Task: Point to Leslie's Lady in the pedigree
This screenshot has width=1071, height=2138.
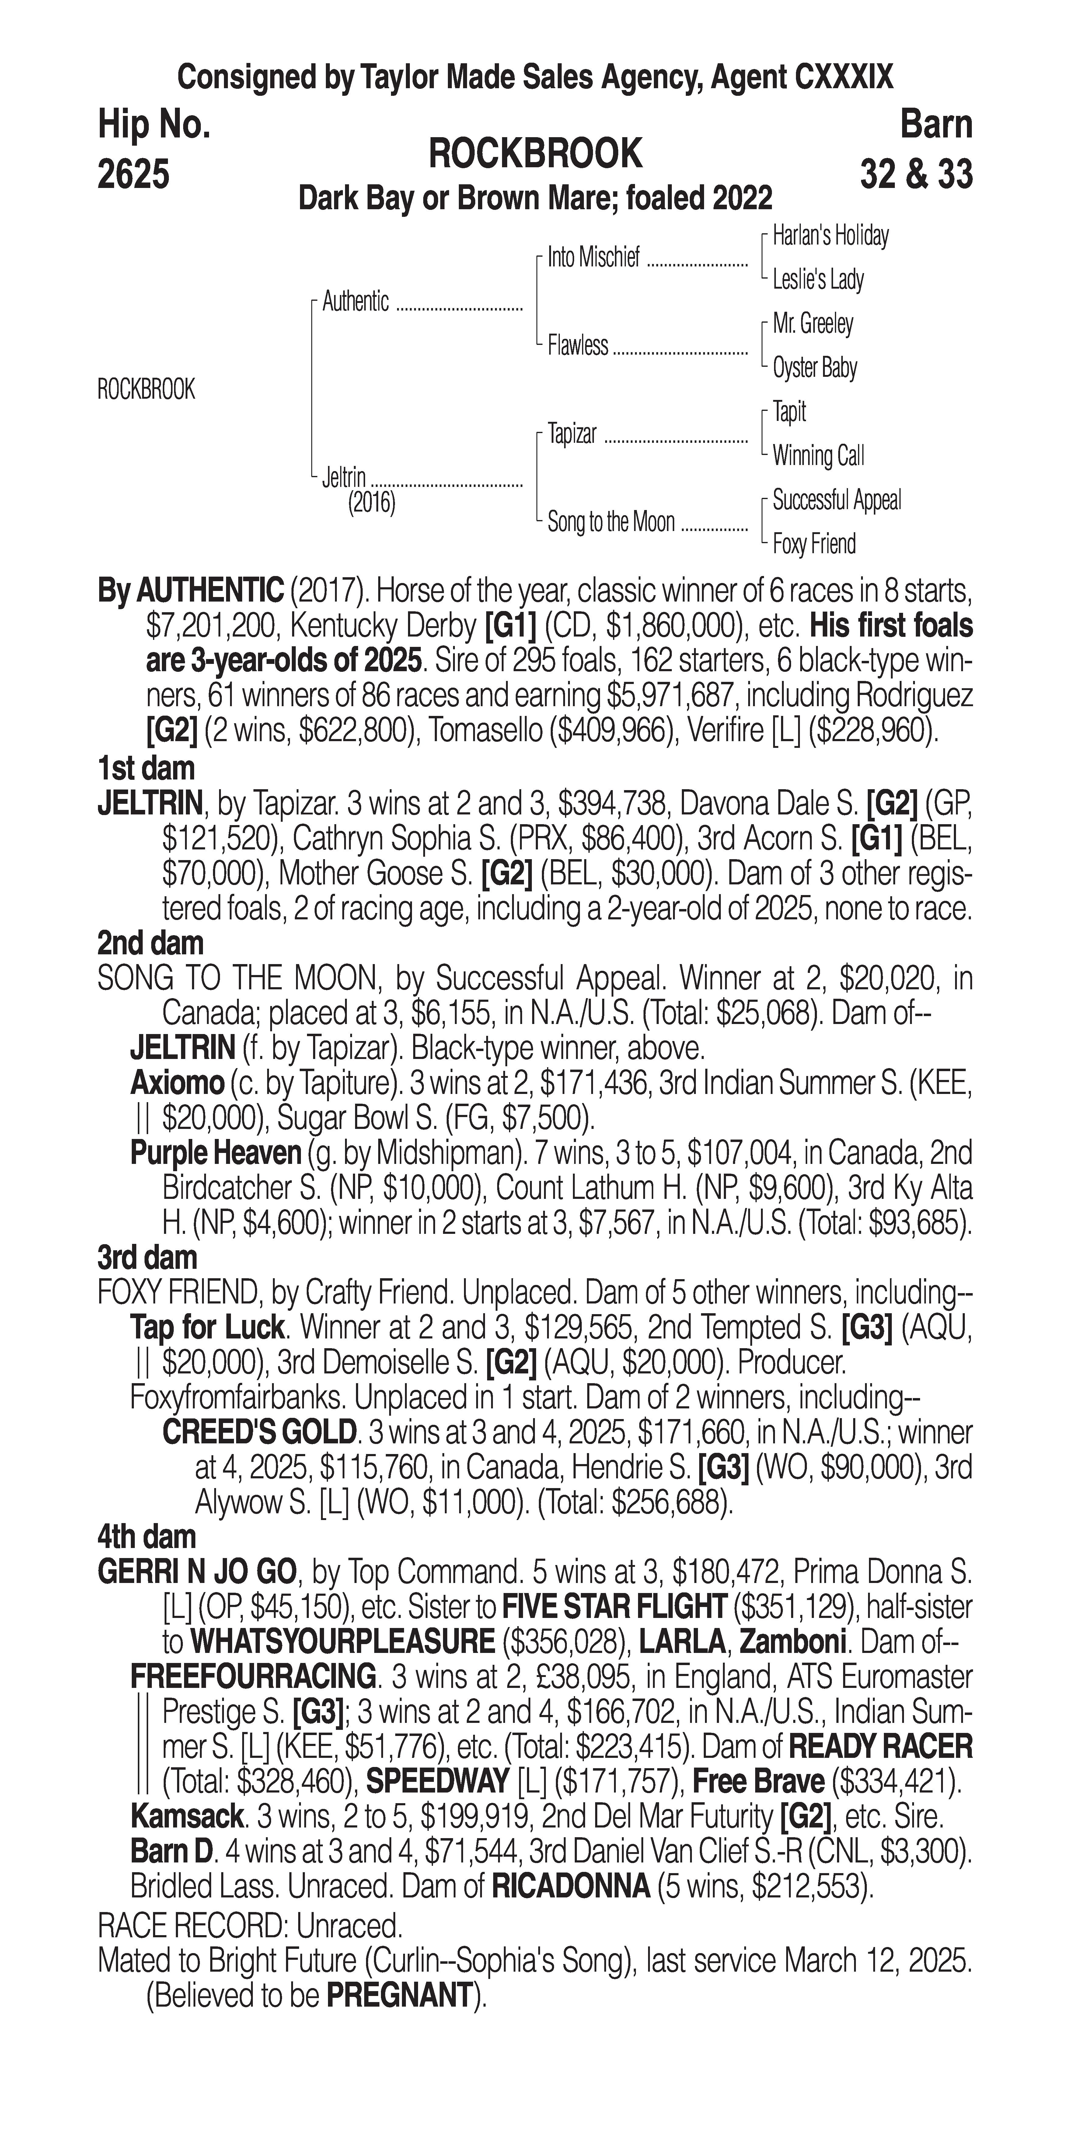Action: (818, 280)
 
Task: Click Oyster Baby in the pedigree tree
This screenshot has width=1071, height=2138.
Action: (815, 368)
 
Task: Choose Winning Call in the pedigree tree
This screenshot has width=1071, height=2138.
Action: (818, 456)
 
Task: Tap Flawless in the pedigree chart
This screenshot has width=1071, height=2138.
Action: (578, 345)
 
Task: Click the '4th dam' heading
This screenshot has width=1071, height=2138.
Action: (147, 1537)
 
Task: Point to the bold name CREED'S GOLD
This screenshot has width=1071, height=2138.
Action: (259, 1432)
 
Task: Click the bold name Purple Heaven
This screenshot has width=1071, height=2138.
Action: (216, 1153)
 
